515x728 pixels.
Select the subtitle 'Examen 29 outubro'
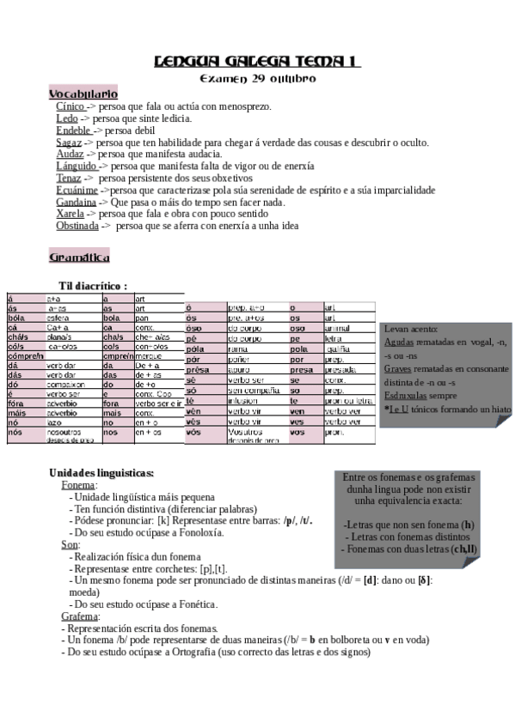(x=257, y=78)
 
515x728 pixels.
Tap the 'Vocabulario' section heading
(x=83, y=93)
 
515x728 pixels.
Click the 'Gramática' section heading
(x=79, y=256)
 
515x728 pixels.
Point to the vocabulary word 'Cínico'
(x=71, y=106)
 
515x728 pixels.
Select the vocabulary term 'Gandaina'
(x=76, y=202)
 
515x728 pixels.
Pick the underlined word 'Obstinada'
(x=77, y=226)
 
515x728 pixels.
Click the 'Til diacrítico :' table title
(x=93, y=285)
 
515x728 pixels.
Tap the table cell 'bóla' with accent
(x=16, y=317)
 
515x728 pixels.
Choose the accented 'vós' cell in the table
(x=193, y=431)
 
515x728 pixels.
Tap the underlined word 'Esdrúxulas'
(x=408, y=396)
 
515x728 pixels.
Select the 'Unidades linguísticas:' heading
(x=101, y=473)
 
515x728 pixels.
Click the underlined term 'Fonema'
(x=78, y=485)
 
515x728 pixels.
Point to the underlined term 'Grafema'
(x=80, y=616)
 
